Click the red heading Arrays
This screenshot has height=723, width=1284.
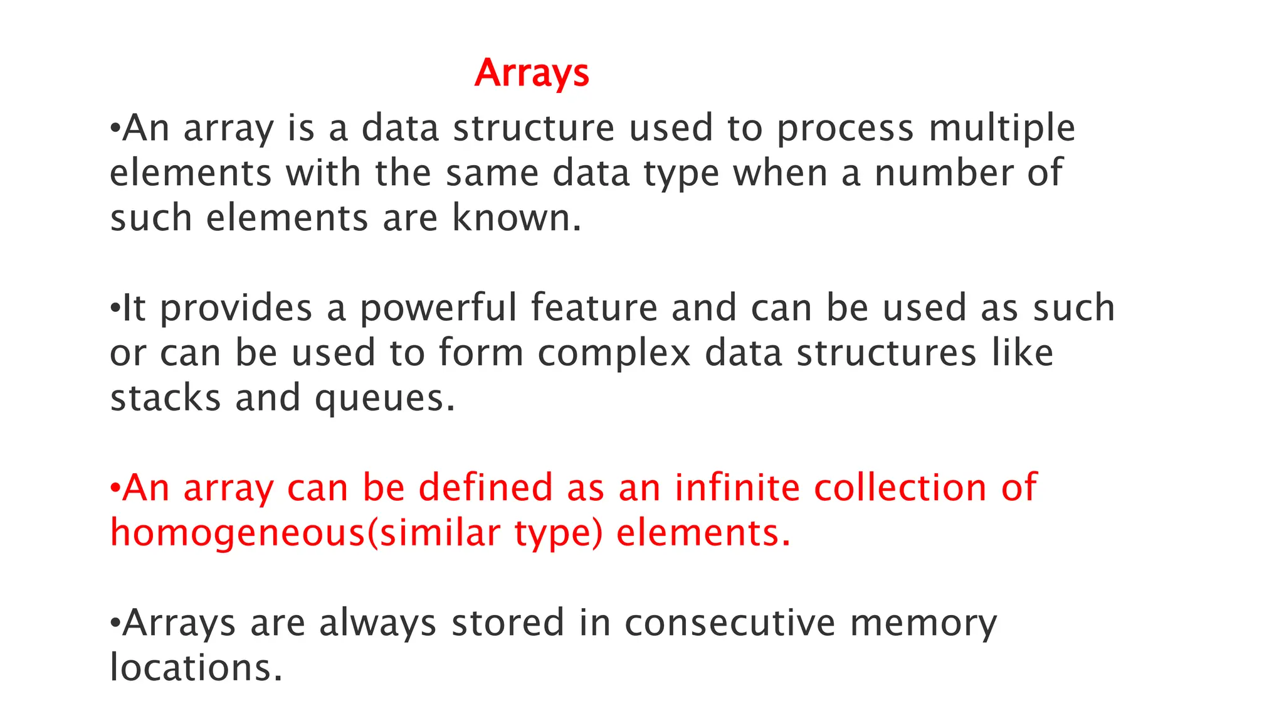[x=532, y=73]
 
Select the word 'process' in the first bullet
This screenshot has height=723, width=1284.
[x=845, y=129]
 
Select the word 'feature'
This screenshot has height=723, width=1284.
[x=594, y=308]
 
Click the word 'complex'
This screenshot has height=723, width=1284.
[x=614, y=353]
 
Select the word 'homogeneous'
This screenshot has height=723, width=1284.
[x=238, y=533]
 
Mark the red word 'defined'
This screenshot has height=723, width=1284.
[x=485, y=488]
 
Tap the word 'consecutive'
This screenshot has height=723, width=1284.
[x=730, y=623]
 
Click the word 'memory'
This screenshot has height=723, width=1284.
[x=923, y=624]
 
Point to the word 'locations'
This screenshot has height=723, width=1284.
[x=191, y=667]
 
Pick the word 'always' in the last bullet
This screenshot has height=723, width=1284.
[x=377, y=624]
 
